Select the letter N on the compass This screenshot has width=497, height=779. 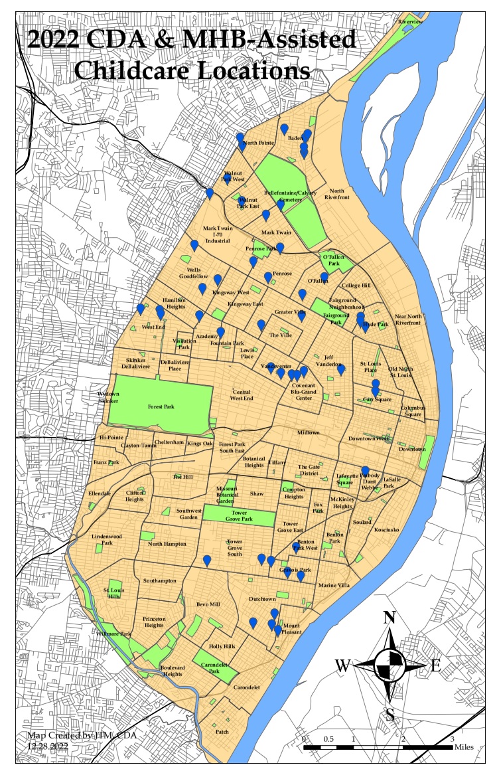[x=390, y=618]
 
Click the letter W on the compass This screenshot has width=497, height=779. [x=343, y=665]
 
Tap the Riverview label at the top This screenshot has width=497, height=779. [x=410, y=22]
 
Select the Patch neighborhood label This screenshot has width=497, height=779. [x=222, y=731]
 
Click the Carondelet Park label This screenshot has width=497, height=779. [x=213, y=668]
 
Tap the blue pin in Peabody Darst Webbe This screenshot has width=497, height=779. [x=365, y=471]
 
